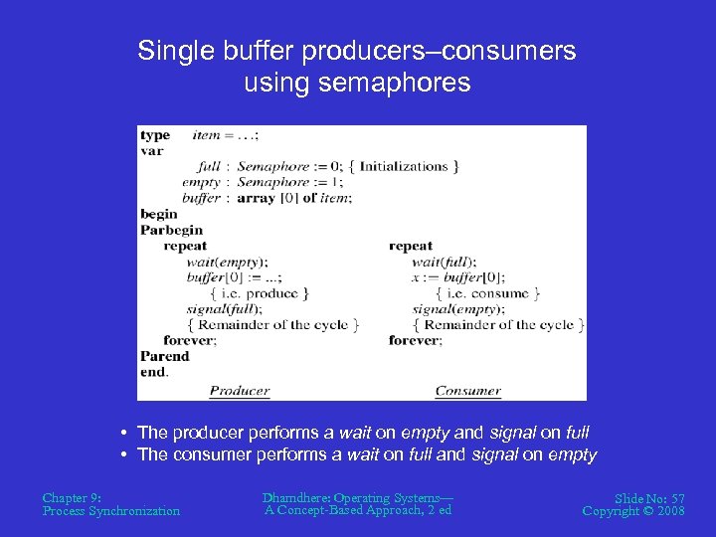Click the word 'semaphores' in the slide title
click(407, 83)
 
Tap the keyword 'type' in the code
click(155, 135)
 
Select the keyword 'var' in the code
click(152, 151)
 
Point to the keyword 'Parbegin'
click(171, 230)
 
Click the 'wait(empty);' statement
click(227, 262)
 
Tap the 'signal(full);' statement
click(225, 308)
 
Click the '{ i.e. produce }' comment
click(259, 293)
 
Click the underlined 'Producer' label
click(239, 391)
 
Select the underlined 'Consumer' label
click(467, 391)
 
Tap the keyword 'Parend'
click(164, 356)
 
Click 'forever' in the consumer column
click(415, 340)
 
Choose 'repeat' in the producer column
click(185, 246)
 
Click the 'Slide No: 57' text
click(649, 497)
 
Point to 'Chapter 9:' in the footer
click(72, 497)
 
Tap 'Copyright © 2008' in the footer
click(633, 511)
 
